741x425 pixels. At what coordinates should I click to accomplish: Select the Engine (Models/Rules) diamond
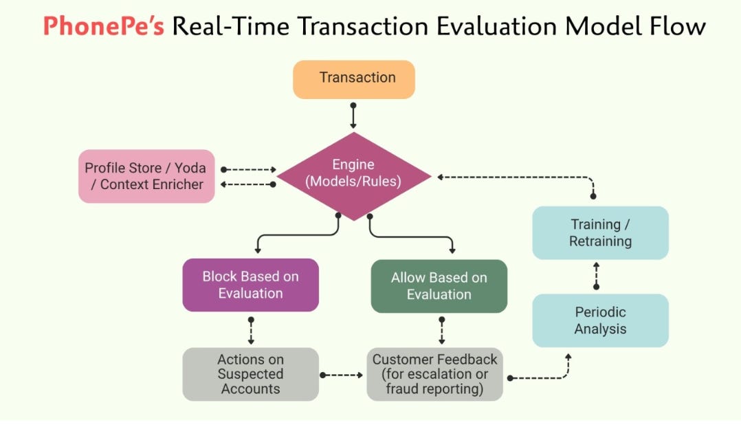(353, 175)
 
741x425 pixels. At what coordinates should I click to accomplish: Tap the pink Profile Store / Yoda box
(146, 176)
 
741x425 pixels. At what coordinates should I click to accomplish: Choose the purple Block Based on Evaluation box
(250, 285)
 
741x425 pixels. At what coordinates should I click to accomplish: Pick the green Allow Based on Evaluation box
(439, 285)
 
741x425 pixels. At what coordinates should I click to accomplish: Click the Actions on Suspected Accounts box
(250, 374)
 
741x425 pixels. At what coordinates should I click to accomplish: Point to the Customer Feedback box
(434, 374)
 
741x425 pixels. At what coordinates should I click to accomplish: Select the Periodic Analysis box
(600, 320)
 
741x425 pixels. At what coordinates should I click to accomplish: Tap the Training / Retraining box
(600, 232)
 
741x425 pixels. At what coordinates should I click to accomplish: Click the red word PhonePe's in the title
(103, 26)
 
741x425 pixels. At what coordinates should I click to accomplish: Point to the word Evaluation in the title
(494, 26)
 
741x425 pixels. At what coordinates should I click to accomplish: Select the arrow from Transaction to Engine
(353, 117)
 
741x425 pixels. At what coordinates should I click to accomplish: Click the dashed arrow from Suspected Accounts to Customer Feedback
(342, 375)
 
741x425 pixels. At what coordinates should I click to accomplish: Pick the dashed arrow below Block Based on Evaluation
(251, 331)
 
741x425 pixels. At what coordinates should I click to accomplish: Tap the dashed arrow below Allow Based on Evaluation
(441, 331)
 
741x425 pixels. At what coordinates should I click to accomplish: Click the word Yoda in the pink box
(191, 168)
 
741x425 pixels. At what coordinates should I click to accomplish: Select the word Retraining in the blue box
(600, 241)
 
